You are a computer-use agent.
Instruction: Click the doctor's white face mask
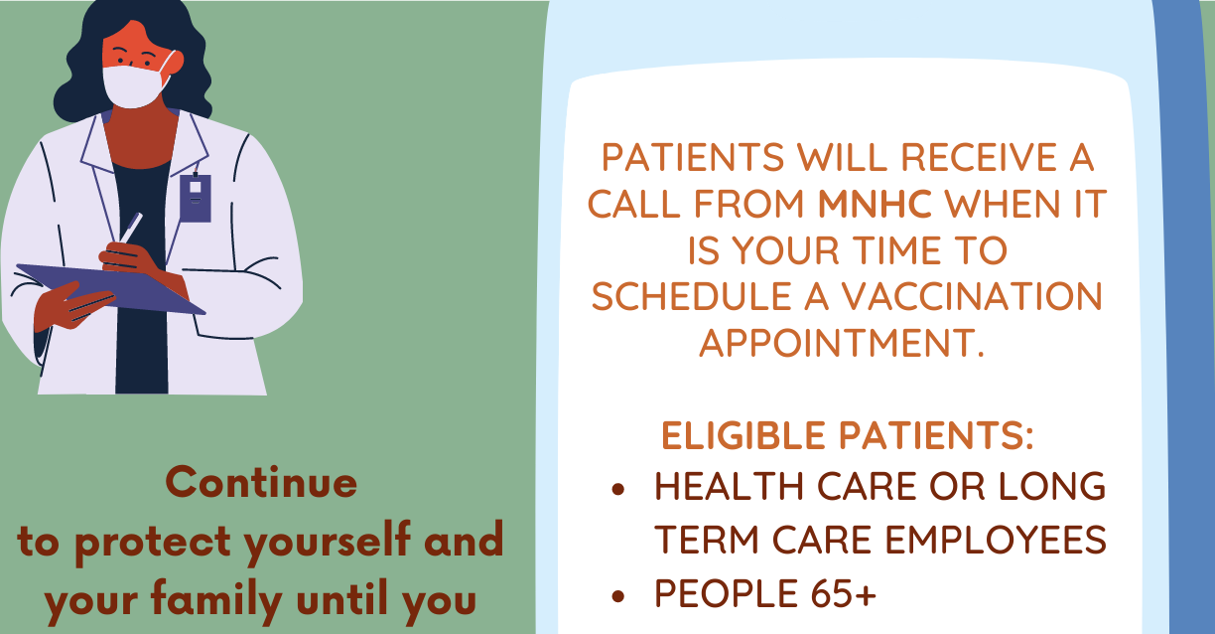(135, 86)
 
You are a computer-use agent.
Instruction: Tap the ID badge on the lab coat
(195, 198)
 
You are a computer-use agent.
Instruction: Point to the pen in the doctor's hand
(131, 228)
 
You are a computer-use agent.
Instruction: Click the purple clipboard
(111, 289)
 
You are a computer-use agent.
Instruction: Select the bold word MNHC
(875, 204)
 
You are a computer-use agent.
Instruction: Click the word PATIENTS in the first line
(693, 157)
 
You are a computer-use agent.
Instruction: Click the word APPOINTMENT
(842, 343)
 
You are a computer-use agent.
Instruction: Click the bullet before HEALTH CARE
(617, 489)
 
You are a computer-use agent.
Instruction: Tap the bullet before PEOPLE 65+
(617, 596)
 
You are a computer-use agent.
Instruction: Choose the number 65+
(844, 592)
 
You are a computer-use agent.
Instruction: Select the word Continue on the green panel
(261, 482)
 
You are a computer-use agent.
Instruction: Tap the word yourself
(327, 542)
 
